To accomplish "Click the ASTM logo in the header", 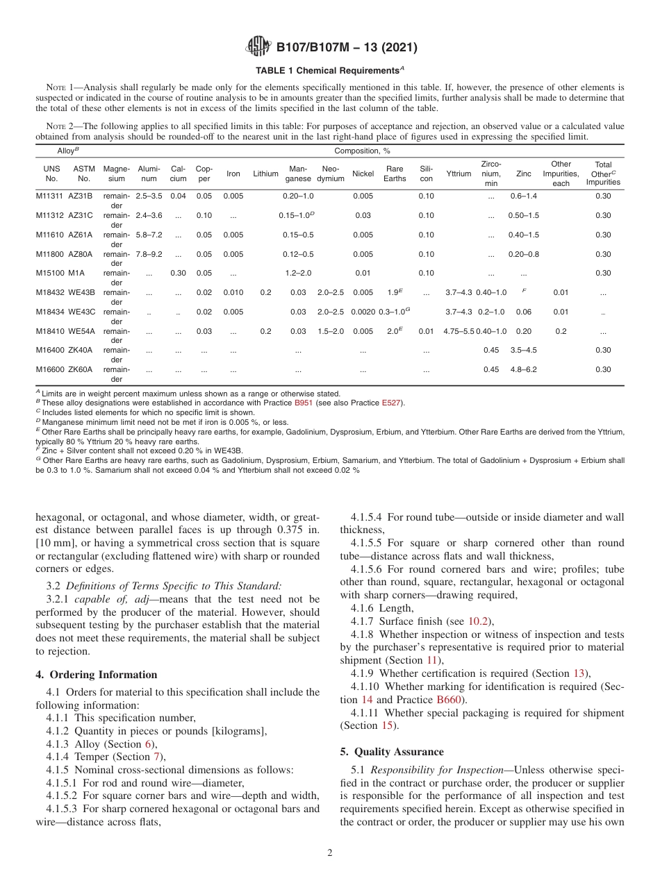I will coord(258,48).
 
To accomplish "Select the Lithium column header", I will coord(265,174).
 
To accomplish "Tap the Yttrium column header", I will coord(459,174).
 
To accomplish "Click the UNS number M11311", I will coord(49,196).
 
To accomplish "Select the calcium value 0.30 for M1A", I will coord(179,273).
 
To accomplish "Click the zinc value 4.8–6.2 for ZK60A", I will coord(524,369).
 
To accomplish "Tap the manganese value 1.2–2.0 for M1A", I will coord(298,273).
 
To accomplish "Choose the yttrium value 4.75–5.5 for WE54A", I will coord(459,331).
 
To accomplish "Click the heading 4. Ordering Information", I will coord(97,675).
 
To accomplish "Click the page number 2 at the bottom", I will coord(330,853).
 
